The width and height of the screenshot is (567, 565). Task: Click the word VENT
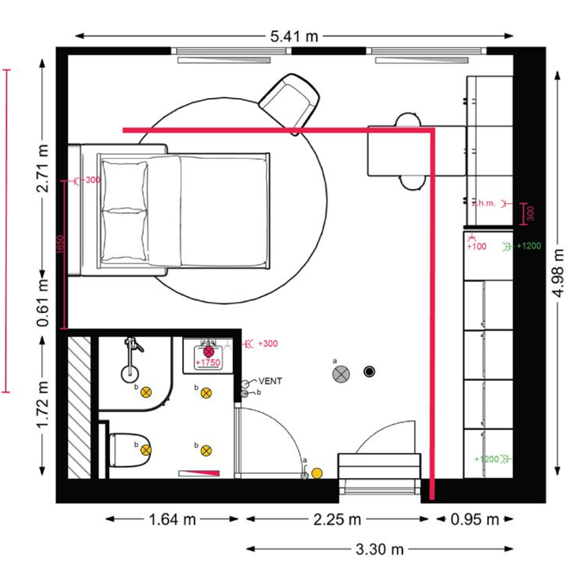pyautogui.click(x=271, y=380)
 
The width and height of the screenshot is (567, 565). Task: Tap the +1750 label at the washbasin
pyautogui.click(x=208, y=364)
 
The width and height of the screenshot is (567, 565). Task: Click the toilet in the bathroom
pyautogui.click(x=129, y=447)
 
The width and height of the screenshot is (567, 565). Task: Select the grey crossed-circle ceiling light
pyautogui.click(x=342, y=373)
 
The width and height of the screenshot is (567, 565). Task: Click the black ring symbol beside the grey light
pyautogui.click(x=370, y=372)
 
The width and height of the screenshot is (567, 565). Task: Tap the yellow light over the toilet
pyautogui.click(x=146, y=449)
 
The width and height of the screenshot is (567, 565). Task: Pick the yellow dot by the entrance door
pyautogui.click(x=317, y=472)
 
